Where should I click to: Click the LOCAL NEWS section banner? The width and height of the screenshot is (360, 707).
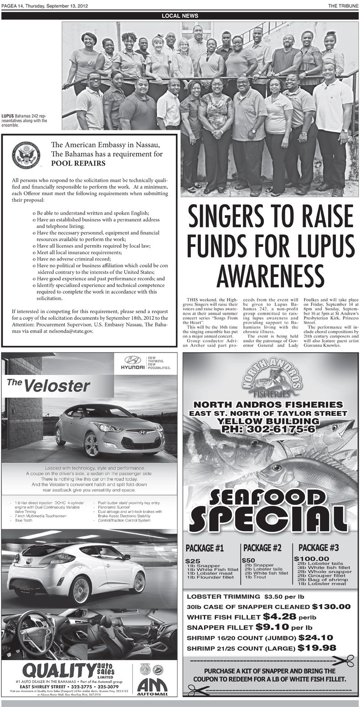point(180,15)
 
